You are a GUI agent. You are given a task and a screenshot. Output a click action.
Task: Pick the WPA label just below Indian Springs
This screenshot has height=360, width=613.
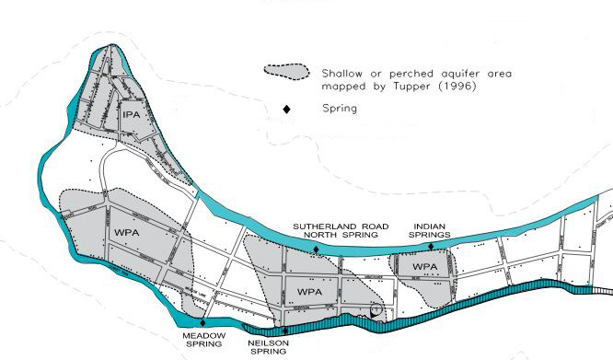[425, 267]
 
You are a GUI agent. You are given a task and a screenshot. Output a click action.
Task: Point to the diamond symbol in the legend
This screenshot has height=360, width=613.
[286, 109]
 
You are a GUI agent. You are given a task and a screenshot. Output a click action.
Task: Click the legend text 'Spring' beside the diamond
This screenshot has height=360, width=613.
[340, 109]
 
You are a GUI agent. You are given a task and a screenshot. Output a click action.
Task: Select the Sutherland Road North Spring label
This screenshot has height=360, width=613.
[341, 230]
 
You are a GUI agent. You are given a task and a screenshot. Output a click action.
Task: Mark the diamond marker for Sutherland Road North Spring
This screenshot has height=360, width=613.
[316, 249]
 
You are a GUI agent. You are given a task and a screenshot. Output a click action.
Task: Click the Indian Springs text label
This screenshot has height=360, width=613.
[431, 230]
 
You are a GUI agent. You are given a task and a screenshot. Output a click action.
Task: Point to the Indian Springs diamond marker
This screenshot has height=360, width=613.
[431, 247]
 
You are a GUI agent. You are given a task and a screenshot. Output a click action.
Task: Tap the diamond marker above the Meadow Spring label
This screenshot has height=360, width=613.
[202, 322]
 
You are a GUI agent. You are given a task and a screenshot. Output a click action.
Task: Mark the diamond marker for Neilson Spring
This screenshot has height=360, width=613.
[285, 331]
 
